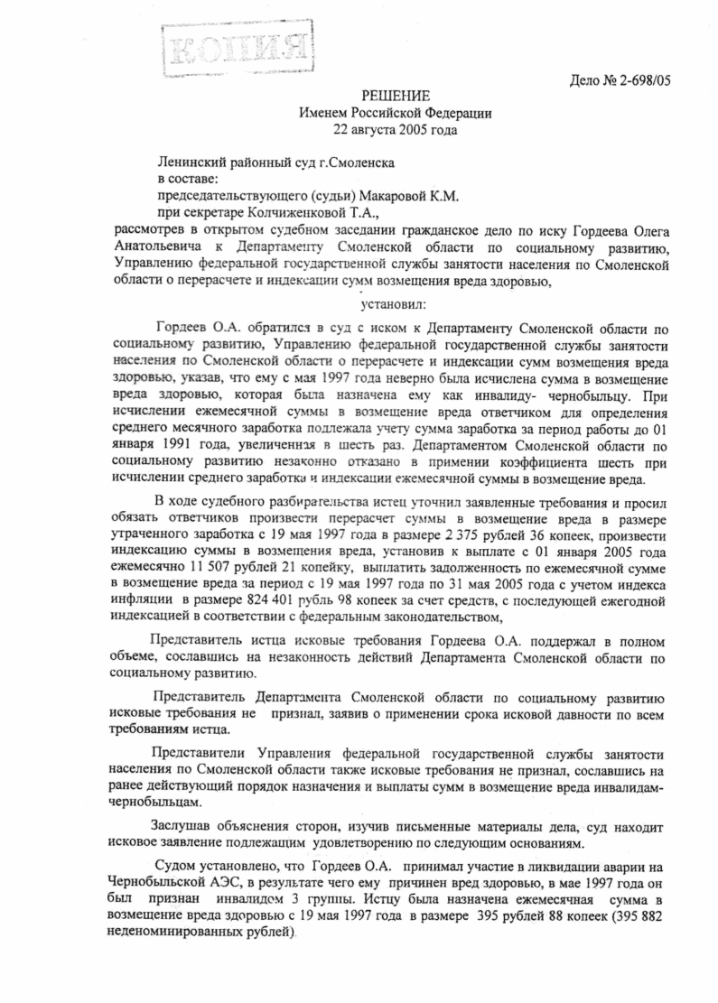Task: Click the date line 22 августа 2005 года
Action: click(396, 129)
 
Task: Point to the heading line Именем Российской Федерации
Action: click(396, 113)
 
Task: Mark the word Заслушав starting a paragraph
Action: click(186, 825)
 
